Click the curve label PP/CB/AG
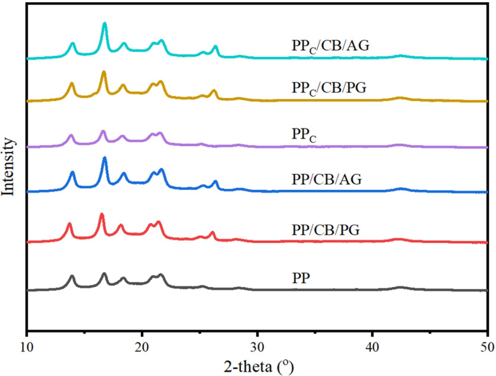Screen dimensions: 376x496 pos(326,179)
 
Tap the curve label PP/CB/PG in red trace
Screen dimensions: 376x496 pos(326,230)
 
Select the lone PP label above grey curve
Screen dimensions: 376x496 pos(301,278)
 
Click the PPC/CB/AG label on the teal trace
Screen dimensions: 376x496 pos(330,46)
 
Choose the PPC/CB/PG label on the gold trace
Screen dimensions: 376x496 pos(329,88)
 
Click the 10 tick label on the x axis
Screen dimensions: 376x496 pos(27,347)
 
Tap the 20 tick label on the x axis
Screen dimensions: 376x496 pos(142,347)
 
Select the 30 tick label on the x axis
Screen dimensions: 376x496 pos(257,347)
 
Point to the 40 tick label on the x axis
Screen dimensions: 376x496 pos(372,347)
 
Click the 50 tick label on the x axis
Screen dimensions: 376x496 pos(487,347)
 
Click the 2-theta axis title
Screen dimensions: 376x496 pos(259,366)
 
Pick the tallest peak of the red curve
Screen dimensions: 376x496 pos(101,214)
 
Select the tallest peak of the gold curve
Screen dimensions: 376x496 pos(104,72)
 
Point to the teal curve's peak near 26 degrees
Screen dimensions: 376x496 pos(215,47)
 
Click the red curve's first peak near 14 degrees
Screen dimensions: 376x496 pos(69,224)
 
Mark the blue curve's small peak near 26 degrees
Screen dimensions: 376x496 pos(215,182)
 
